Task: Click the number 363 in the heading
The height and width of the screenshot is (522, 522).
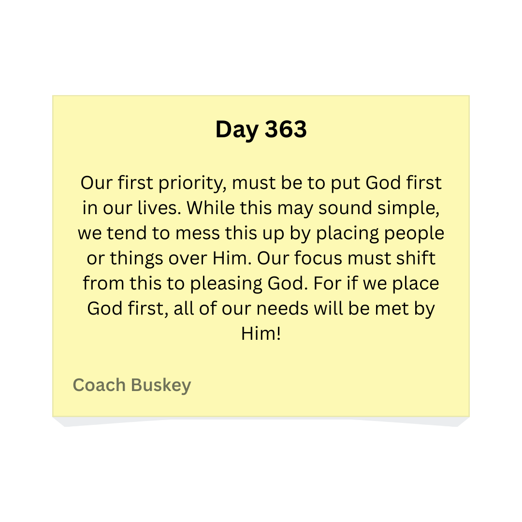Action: tap(286, 130)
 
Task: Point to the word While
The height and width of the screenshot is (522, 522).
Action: tap(208, 208)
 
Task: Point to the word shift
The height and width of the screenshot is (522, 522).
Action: tap(416, 259)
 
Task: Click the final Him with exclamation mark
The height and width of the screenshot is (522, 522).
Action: tap(261, 334)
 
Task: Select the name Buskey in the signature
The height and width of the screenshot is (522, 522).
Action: tap(161, 386)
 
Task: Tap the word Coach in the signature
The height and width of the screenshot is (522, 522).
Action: tap(100, 385)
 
